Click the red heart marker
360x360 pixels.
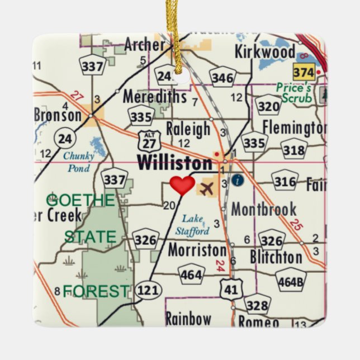182,185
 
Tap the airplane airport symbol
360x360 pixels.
206,188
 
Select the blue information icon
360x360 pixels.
238,180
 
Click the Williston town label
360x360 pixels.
175,163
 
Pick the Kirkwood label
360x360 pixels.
265,52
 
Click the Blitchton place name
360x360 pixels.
276,257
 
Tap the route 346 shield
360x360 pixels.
222,78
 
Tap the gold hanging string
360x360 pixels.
177,34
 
